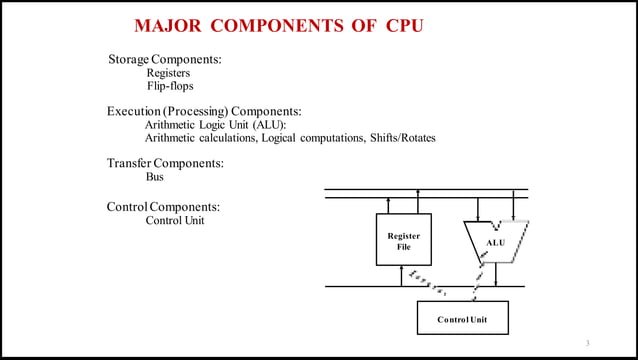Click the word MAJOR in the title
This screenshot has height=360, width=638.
point(169,25)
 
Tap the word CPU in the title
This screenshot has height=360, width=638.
point(405,25)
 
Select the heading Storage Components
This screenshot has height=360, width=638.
point(164,60)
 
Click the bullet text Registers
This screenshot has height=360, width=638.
point(169,73)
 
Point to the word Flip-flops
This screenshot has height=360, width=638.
point(170,87)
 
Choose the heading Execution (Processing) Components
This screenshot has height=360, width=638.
point(204,111)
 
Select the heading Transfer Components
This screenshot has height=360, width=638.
point(164,163)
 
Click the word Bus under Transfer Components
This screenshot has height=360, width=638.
point(155,177)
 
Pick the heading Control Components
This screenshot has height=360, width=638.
point(163,207)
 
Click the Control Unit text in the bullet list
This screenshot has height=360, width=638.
point(175,220)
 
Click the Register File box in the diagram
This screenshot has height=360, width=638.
point(403,239)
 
